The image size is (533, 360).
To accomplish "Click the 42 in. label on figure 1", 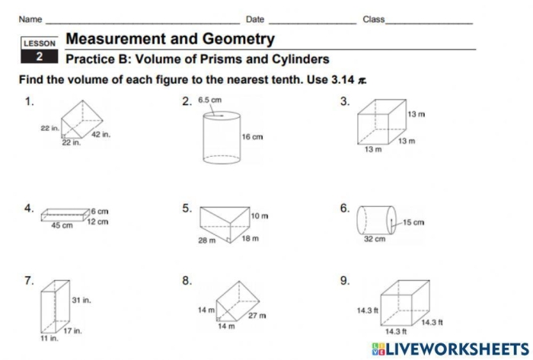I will (101, 134).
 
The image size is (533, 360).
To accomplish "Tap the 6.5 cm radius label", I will (209, 100).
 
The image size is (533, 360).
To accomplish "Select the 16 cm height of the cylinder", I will (252, 137).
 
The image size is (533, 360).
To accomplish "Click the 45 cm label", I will (62, 225).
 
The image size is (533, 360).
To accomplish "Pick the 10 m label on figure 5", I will (260, 216).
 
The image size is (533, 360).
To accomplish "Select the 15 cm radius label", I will (413, 222).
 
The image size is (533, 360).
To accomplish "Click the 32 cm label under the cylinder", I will (374, 239).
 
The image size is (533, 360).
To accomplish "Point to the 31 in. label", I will (81, 301).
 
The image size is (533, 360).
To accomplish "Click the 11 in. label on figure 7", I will (49, 338).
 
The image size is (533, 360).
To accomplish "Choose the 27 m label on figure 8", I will (257, 314).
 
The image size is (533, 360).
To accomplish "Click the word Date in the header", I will (255, 19).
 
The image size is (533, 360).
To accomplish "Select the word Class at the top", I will (373, 19).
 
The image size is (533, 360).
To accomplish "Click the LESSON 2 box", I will (39, 50).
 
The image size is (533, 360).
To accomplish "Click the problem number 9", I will (344, 281).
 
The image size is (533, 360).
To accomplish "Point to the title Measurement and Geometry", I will (170, 39).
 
